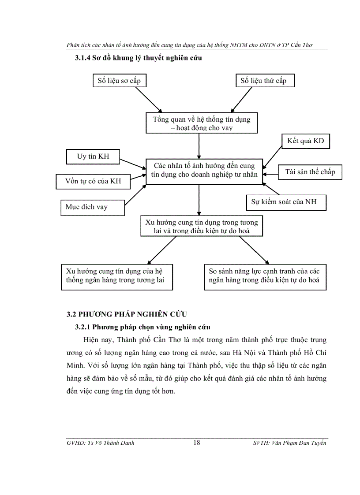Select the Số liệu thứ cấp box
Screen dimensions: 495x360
(263, 81)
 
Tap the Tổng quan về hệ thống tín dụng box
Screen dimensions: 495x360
(201, 123)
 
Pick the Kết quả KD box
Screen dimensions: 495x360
(306, 141)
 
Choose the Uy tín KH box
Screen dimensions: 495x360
(93, 157)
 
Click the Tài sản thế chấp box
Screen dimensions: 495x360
(310, 172)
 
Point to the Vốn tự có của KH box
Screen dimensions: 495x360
(93, 181)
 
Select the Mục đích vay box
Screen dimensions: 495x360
(92, 207)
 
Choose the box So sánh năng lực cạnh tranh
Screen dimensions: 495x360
(265, 276)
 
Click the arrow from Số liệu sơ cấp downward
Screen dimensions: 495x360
(148, 99)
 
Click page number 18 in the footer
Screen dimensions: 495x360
(197, 443)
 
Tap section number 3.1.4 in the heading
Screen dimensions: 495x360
(84, 58)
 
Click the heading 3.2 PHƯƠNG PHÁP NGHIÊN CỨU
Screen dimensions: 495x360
(127, 314)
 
